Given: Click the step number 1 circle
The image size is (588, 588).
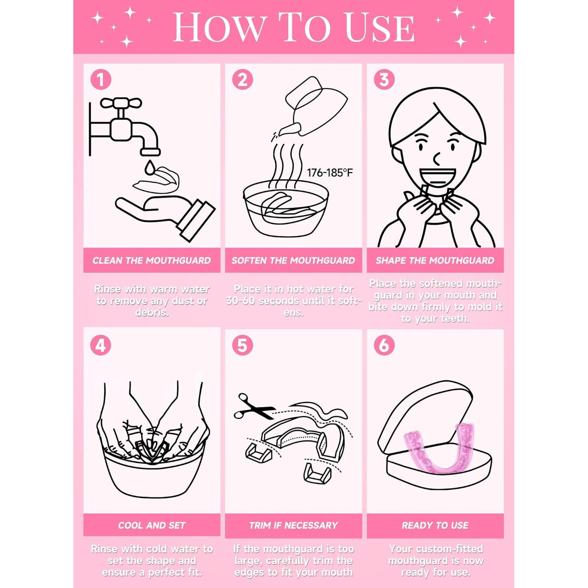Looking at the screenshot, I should point(101,80).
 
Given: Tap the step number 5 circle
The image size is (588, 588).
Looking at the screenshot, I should point(242,345).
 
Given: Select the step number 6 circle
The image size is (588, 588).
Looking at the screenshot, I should point(384,345).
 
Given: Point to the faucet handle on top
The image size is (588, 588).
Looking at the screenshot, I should point(121,103).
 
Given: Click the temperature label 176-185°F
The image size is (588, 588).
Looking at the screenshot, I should point(329,173).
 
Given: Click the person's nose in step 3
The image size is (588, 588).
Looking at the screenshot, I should point(437,158).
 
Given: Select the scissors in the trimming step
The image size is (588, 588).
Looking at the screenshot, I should point(253,408).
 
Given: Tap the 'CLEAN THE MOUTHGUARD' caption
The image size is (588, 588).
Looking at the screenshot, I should point(152,261).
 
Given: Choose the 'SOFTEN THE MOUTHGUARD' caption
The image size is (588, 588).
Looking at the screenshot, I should point(293,261).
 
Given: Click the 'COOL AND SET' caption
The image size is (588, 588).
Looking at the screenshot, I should point(152,525).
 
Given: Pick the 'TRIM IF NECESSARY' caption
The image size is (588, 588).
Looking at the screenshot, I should point(293,525).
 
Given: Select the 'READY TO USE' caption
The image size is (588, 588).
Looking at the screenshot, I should point(435,525).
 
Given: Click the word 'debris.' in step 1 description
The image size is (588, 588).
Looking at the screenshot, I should point(152,313).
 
